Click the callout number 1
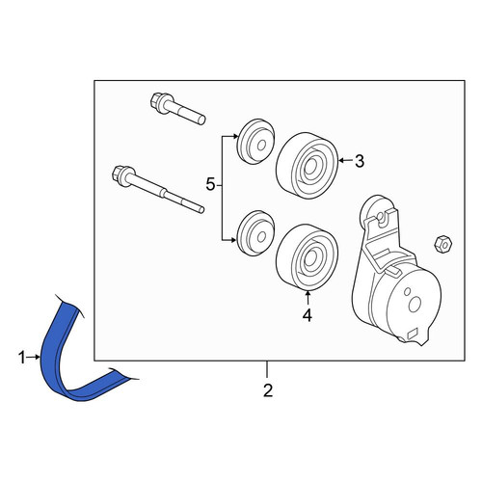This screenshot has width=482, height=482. point(22,358)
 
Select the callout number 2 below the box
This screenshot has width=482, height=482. point(268,390)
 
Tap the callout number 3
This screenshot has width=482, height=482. point(360,161)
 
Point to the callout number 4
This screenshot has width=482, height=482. point(308,315)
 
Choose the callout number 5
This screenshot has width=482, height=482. point(210,185)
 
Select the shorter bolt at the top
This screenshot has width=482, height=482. point(177,109)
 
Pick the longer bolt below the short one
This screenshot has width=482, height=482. point(158,189)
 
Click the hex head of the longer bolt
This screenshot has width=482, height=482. point(120,175)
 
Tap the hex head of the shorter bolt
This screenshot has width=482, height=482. point(157,102)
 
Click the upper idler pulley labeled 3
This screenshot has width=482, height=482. point(307,165)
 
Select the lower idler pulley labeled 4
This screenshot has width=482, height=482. point(307,257)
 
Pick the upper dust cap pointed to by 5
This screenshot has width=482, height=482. point(255,142)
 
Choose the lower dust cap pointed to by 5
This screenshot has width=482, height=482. point(255,233)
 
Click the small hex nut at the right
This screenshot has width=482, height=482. point(443,245)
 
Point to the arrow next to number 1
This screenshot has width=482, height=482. point(34,357)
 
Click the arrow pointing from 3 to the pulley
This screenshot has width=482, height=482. point(346,160)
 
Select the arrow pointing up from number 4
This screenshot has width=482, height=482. point(308,298)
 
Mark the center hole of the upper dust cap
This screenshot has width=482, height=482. point(262,146)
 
